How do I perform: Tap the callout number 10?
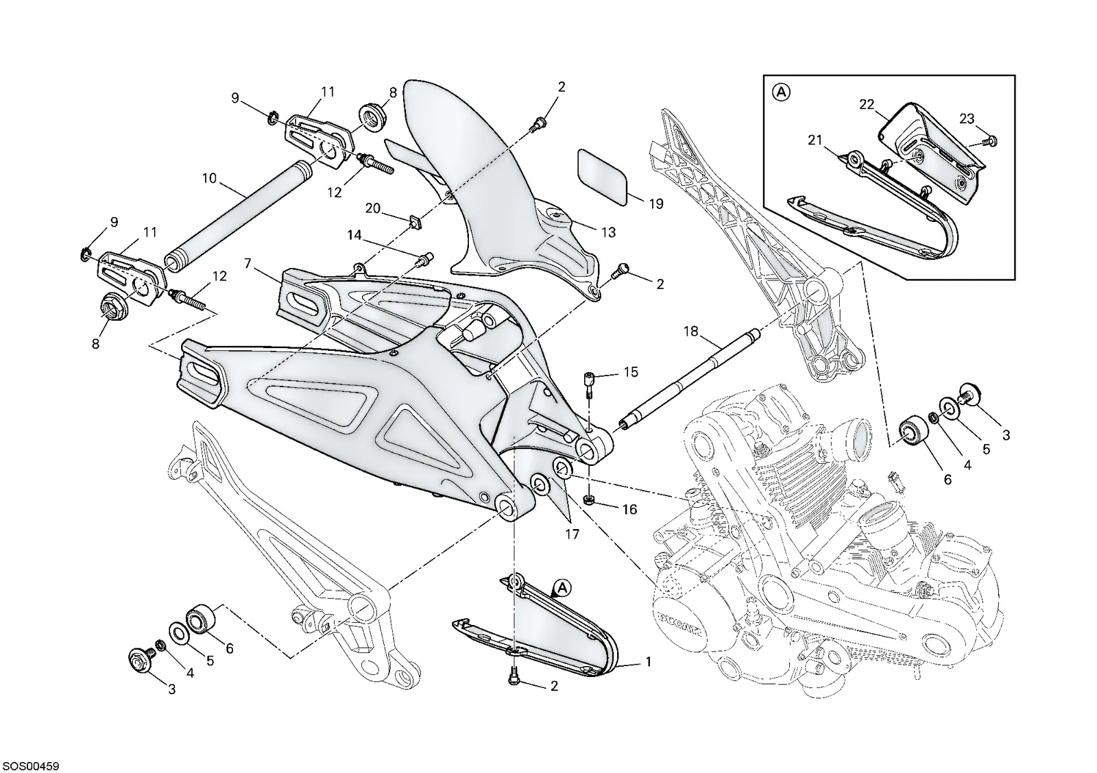pos(209,178)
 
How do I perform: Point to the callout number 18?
pos(690,332)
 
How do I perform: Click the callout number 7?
pos(248,264)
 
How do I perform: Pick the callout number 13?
pos(608,232)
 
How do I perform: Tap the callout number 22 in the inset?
pos(867,104)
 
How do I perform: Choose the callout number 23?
pos(967,119)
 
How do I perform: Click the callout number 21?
pos(815,140)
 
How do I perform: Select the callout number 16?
pos(630,510)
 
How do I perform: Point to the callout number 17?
pos(572,534)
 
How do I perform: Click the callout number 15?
pos(631,372)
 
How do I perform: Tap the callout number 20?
pos(373,208)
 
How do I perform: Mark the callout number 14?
pos(354,236)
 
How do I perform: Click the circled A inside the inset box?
pos(782,92)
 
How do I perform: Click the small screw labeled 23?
pos(990,141)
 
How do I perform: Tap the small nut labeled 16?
pos(589,500)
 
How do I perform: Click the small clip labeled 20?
pos(415,222)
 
